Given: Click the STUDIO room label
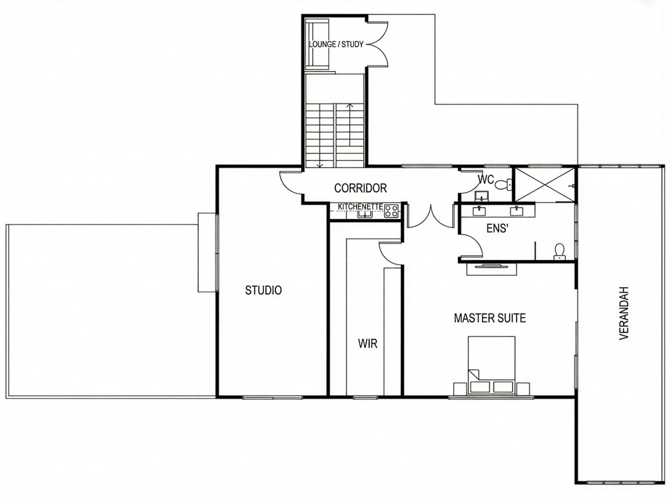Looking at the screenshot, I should [263, 290].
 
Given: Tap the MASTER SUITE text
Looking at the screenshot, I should [490, 318].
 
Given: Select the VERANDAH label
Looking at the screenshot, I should [624, 312].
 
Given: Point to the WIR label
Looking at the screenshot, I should [368, 343].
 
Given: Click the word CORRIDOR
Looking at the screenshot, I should [360, 188].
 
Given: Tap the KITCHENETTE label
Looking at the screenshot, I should [360, 207].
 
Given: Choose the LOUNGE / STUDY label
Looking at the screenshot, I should [336, 44].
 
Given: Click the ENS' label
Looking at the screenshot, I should [498, 228].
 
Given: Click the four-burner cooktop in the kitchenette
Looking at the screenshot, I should [392, 211].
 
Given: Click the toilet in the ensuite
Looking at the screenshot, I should [559, 251].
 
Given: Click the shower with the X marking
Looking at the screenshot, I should [545, 185].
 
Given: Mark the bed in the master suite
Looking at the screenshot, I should [491, 364].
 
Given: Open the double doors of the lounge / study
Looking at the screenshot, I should [379, 44].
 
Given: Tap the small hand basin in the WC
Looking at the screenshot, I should [481, 195].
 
